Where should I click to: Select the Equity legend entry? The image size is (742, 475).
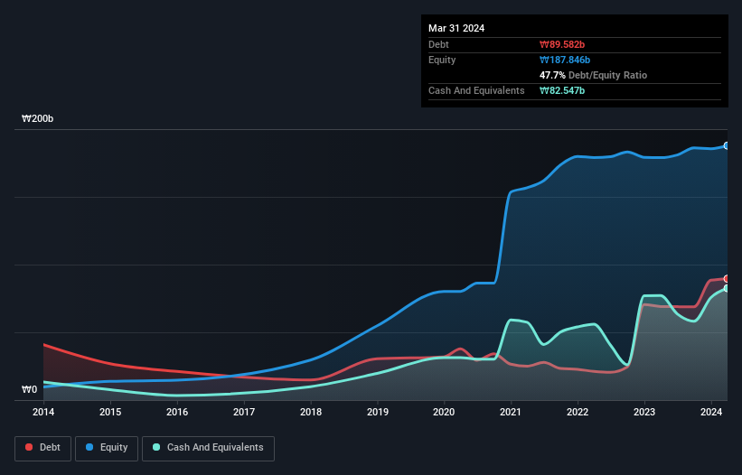pos(107,447)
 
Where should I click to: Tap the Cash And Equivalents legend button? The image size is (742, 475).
pos(208,447)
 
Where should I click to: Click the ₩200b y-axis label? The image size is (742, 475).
pos(38,119)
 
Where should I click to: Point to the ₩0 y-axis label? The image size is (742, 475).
pos(30,390)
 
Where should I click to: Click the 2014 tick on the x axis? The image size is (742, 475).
pos(43,412)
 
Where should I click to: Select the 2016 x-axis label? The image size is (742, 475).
pos(177,412)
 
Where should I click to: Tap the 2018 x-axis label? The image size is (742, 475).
pos(311,412)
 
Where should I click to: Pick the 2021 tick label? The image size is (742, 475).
pos(512,412)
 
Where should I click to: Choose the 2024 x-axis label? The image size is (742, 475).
pos(711,412)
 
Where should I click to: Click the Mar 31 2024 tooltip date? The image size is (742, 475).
pos(456,28)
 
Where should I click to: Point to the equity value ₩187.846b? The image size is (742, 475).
pos(568,60)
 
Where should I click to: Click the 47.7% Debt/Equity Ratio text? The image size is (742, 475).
pos(593,75)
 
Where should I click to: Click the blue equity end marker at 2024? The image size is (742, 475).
pos(727,145)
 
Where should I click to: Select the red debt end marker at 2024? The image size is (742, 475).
pos(727,278)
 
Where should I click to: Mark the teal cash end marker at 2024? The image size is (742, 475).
pos(727,288)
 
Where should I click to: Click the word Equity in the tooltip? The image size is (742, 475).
pos(442,60)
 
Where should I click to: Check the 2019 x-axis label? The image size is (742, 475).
pos(378,412)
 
